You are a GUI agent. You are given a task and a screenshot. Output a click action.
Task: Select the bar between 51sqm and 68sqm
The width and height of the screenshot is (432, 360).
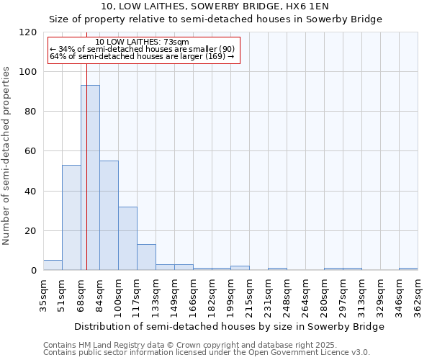coord(71,217)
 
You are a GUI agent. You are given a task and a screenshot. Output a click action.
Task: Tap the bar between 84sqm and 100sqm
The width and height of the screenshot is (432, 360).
coord(109,215)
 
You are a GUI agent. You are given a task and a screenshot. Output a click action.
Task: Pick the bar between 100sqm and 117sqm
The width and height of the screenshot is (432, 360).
coord(127,238)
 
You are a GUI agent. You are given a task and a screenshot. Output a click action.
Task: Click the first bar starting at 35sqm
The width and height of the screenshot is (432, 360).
coord(53,265)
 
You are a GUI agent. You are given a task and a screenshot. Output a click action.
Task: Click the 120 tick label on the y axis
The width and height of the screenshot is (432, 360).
coord(28,32)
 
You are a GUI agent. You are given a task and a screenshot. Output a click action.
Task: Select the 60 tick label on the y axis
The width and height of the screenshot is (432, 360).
coord(31,151)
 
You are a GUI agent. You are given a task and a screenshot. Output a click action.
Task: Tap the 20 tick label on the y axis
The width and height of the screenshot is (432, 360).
coord(31,231)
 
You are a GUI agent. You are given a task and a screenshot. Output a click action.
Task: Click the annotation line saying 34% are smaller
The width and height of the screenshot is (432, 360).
coord(142,49)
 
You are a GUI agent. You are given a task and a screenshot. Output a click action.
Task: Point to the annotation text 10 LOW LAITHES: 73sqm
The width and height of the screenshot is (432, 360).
coord(142,42)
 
